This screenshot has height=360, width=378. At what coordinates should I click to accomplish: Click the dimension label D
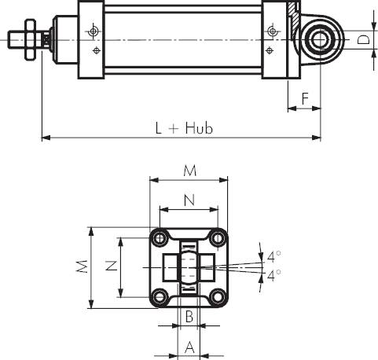coord(364,40)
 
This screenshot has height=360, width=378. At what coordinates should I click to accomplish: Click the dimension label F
coord(305,98)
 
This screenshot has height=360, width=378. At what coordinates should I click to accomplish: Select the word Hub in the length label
coord(199,128)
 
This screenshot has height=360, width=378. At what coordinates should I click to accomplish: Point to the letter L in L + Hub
coord(159,128)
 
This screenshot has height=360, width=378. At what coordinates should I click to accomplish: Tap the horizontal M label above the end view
coord(190,171)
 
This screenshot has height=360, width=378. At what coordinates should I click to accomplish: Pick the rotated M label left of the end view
coord(82,266)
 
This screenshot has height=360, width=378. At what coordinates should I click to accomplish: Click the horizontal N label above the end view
coord(189,200)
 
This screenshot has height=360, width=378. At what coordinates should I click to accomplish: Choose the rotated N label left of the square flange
coord(111,266)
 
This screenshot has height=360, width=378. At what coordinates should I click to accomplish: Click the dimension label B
coord(189,316)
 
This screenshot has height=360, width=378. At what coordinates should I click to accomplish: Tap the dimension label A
coord(190,347)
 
